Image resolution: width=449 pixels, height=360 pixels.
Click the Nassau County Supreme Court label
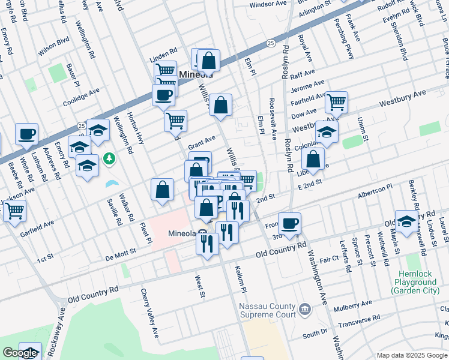(267, 310)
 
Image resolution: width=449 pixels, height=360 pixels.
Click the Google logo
(20, 353)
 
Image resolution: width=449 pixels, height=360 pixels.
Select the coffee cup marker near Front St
(289, 224)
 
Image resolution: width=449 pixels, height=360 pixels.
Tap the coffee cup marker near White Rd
(26, 135)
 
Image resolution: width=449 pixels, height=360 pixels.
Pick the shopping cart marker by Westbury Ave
(336, 102)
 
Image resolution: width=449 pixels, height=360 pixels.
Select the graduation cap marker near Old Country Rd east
(407, 221)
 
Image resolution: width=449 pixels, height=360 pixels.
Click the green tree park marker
(109, 158)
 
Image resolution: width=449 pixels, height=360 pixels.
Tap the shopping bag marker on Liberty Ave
(313, 160)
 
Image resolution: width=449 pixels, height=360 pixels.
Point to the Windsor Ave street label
(268, 4)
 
